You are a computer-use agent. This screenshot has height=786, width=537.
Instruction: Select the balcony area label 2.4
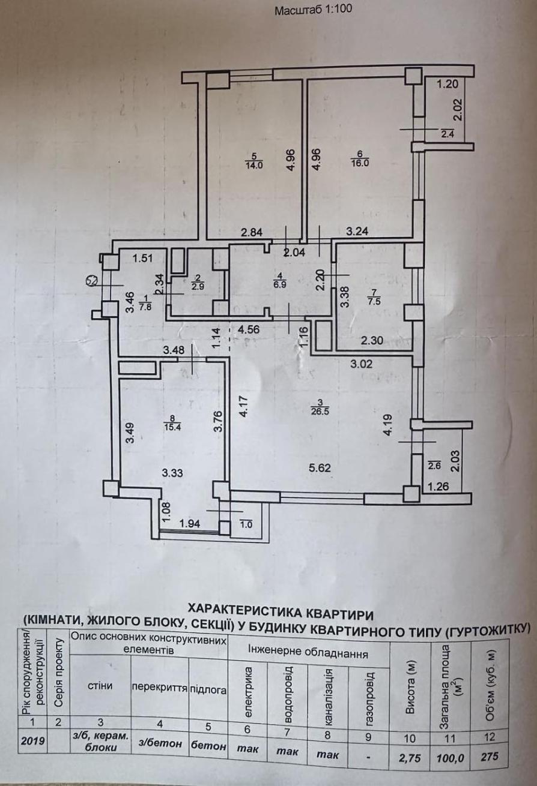click(x=447, y=134)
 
